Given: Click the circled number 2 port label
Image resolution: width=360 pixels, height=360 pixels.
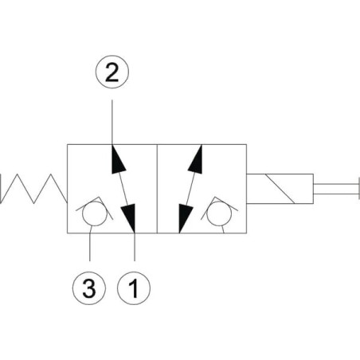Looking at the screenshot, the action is [x=112, y=72].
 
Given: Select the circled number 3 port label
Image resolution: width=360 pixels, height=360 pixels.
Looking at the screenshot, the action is [x=89, y=288].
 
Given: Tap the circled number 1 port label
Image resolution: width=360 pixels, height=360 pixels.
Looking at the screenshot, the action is [x=134, y=288].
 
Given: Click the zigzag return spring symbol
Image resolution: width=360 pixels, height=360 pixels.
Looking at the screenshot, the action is [x=33, y=189].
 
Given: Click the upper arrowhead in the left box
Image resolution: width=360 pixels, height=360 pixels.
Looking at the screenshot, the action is [x=117, y=158].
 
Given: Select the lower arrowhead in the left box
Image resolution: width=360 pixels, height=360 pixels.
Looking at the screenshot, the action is [x=129, y=218].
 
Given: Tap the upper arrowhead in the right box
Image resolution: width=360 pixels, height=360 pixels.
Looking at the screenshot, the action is [x=196, y=158].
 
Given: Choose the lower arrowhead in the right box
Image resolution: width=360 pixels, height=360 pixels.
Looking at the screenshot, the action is [x=185, y=218].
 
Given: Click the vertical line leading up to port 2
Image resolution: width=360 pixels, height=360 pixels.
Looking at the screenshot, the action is [x=112, y=122].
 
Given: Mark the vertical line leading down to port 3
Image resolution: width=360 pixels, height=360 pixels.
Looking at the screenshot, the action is [x=90, y=244].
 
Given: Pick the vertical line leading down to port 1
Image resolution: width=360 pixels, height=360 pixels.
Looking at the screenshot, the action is [x=135, y=247].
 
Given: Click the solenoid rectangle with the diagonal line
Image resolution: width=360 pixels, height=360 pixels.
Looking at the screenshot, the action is [x=280, y=189].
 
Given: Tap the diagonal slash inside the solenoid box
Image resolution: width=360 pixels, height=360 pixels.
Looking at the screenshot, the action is [x=280, y=189].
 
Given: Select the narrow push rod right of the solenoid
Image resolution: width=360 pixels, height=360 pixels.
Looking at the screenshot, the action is [x=336, y=189].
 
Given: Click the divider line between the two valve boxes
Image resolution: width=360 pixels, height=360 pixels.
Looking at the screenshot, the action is [x=157, y=189].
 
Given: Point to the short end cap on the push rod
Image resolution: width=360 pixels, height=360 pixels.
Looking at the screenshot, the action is [x=359, y=189].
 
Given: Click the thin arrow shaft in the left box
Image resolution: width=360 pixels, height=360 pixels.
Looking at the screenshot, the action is [x=123, y=189].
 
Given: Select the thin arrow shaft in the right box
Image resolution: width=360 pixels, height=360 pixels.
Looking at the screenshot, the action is [x=190, y=189].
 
